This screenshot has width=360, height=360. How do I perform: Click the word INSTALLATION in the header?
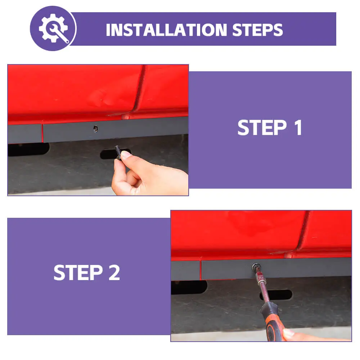pos(166,30)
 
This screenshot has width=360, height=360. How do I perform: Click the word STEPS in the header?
pos(258,30)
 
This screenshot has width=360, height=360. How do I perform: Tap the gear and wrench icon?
pos(53,28)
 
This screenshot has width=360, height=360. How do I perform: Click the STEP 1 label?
pos(270,128)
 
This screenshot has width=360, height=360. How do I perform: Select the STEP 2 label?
pos(87,272)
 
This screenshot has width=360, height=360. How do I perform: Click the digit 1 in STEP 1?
pos(298,128)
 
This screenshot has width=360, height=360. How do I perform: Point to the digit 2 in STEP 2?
pos(114,272)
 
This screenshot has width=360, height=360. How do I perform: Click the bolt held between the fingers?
pos(118,152)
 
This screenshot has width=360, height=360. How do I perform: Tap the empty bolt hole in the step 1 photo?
pos(95,129)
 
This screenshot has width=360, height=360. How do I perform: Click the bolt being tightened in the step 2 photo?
pos(256,267)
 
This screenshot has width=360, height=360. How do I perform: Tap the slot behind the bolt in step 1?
pos(115,154)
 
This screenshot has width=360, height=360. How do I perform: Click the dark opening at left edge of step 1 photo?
pos(28,149)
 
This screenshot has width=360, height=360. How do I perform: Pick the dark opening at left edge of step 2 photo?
pos(189,287)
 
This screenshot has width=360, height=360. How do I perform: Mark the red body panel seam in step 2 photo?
pos(303,230)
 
